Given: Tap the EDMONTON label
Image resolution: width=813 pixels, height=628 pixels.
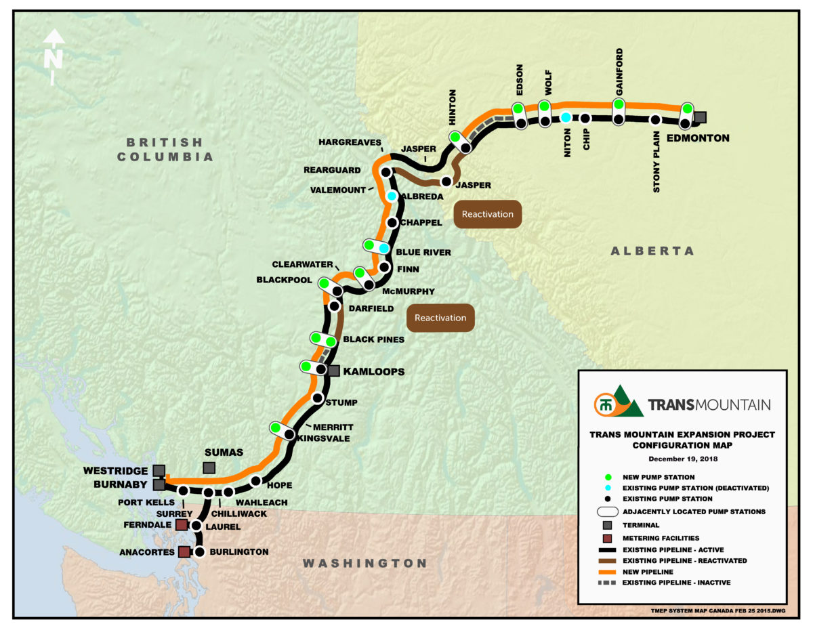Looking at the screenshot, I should pos(698,138).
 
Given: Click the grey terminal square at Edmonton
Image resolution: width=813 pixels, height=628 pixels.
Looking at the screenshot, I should pos(701,117).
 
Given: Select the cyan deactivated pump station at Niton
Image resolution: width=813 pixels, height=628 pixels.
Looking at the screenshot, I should pos(566,118).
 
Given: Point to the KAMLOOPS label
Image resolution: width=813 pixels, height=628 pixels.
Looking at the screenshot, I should pos(373,371).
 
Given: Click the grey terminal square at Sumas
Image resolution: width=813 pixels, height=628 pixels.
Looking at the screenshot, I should pos(209,468).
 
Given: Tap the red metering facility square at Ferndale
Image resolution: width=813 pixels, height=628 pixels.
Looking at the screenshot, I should pos(182,525).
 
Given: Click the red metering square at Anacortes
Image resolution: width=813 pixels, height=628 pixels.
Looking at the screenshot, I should pos(184,552).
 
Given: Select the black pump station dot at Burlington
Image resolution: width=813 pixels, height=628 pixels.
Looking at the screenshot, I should pos(199,552).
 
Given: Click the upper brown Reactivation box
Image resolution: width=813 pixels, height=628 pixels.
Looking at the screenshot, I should pos(488,214).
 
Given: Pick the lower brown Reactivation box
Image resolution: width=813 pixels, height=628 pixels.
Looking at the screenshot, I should pos(440,317).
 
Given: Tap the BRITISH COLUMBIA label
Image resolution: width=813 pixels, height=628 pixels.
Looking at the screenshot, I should pos(165,149).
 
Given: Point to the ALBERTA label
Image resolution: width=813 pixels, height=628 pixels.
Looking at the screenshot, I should pos(652,251).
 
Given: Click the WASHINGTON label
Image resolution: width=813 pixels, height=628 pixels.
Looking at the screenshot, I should pos(364,563).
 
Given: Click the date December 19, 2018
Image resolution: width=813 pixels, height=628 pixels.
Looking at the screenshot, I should pos(682,459).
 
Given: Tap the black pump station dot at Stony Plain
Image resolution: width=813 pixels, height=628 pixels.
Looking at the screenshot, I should pos(655,121).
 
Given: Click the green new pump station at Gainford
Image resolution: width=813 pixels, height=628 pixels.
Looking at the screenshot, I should pos(618,104).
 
